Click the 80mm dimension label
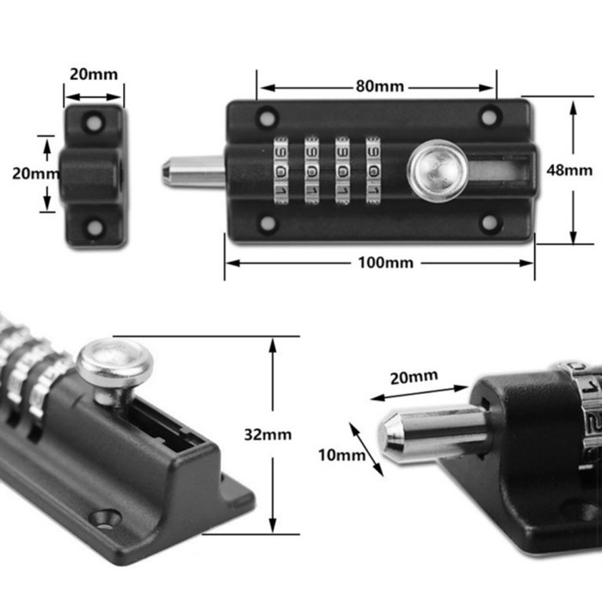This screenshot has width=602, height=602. coord(378,87)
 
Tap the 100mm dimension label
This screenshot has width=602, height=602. coord(380,262)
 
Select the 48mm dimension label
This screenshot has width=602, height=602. coord(574,170)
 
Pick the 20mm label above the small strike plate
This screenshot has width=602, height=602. coord(94,75)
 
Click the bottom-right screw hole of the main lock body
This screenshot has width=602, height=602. coord(489,222)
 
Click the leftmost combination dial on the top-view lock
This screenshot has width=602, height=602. coord(281,169)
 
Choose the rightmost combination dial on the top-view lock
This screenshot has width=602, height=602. coord(373,169)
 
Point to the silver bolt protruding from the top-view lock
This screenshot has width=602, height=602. coord(191,171)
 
